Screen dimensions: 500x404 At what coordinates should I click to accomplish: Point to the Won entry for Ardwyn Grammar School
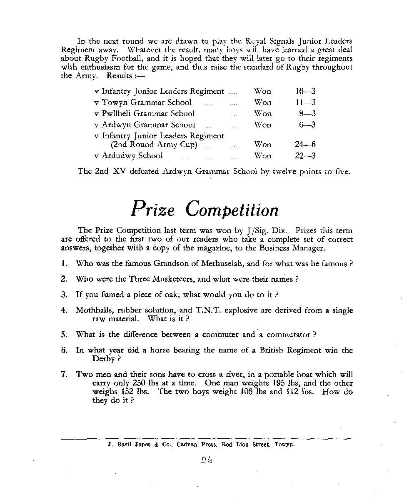(x=262, y=125)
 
